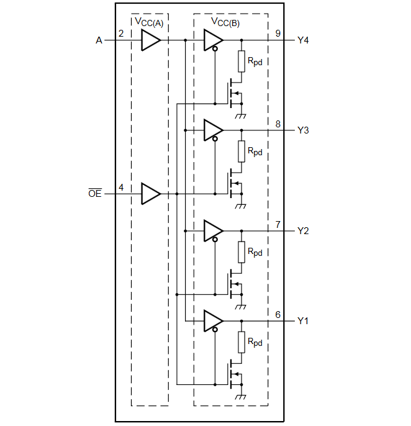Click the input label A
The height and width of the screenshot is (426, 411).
point(99,40)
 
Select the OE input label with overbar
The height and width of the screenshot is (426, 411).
point(94,194)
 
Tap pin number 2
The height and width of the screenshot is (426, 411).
point(121,33)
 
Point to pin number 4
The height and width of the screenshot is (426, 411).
point(121,186)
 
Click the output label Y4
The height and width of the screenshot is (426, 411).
point(303,40)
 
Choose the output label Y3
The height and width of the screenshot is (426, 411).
point(303,130)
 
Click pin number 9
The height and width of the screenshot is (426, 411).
point(278,33)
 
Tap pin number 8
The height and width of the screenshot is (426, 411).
point(278,124)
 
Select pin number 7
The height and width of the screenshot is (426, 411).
point(278,224)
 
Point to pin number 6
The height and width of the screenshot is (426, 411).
point(278,314)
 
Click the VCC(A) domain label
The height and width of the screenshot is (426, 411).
point(150,23)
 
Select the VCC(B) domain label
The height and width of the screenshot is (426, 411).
point(225,23)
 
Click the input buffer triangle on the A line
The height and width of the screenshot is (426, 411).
point(150,40)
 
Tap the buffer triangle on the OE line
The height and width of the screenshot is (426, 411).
point(150,194)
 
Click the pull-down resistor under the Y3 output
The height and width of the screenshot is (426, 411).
point(241,151)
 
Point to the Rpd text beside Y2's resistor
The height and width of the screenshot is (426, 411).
point(255,252)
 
